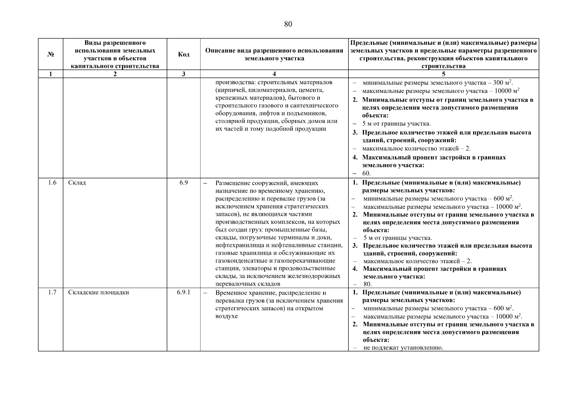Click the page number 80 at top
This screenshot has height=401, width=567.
(x=288, y=24)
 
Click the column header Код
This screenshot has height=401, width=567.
(x=183, y=54)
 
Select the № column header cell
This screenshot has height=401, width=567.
(x=50, y=54)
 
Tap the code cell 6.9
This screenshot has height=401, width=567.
(x=183, y=182)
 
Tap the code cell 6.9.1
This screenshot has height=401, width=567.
(x=183, y=292)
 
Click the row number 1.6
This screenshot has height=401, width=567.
(x=52, y=182)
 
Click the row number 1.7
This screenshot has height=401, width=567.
(x=52, y=292)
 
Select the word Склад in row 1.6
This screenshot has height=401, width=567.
(x=77, y=183)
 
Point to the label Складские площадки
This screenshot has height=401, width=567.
(x=99, y=292)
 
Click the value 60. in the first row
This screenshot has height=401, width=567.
(x=367, y=173)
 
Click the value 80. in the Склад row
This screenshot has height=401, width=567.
(x=368, y=284)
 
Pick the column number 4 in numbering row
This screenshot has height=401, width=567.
(x=274, y=74)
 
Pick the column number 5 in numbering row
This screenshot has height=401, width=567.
(x=443, y=74)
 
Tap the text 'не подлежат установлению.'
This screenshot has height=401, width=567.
(x=403, y=348)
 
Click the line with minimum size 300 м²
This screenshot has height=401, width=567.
(x=438, y=83)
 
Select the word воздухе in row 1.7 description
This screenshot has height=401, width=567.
(x=227, y=316)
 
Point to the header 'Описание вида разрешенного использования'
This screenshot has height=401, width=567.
(x=274, y=51)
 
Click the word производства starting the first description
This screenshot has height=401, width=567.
(x=232, y=82)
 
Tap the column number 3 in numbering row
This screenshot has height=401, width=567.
(x=183, y=74)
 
